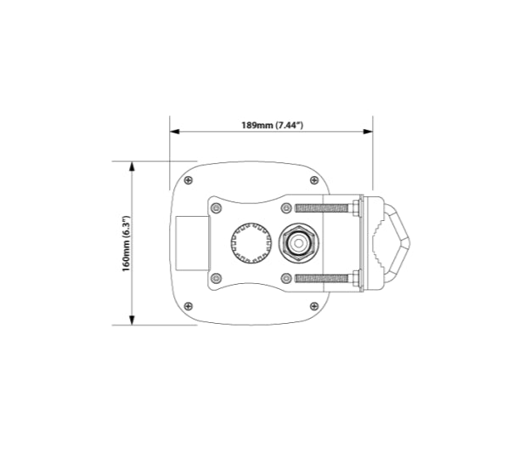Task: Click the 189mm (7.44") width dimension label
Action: (272, 125)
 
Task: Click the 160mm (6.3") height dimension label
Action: (125, 244)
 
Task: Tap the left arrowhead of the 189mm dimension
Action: (174, 132)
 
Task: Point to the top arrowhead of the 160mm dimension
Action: (132, 167)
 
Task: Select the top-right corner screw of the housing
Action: (318, 179)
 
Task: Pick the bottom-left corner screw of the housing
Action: (189, 309)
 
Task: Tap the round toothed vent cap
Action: (250, 242)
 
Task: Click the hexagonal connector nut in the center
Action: (299, 242)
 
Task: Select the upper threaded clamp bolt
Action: (321, 207)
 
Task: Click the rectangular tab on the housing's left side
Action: (191, 243)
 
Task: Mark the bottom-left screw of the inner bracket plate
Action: (216, 278)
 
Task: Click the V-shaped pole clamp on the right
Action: (392, 243)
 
